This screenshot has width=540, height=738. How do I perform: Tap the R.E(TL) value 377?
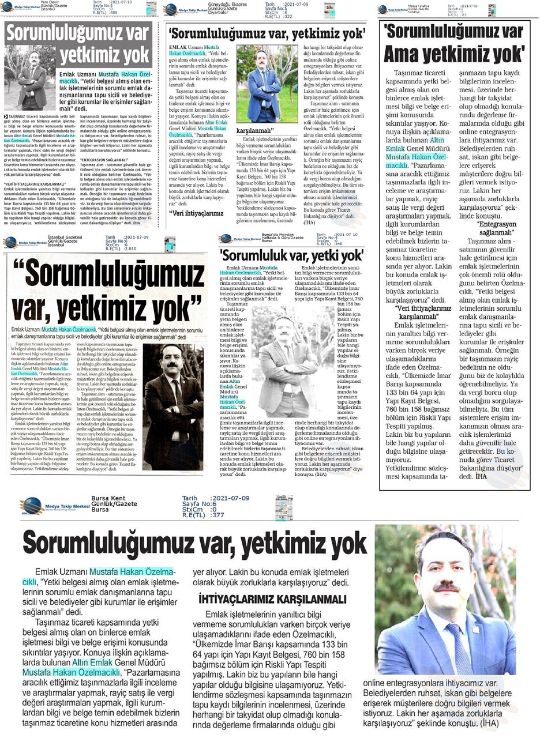pyautogui.click(x=217, y=515)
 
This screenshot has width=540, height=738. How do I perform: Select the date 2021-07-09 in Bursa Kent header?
pyautogui.click(x=230, y=498)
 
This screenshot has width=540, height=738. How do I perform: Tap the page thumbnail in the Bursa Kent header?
pyautogui.click(x=283, y=507)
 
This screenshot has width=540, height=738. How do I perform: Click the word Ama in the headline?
pyautogui.click(x=404, y=54)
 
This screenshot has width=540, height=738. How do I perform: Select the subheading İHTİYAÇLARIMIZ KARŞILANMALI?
pyautogui.click(x=272, y=599)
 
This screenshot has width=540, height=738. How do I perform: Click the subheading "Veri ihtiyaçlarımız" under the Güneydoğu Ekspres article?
pyautogui.click(x=197, y=213)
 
